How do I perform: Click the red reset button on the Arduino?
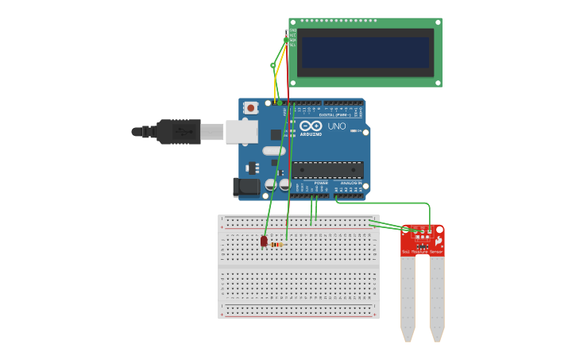tap(251, 107)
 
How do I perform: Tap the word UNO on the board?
tap(337, 126)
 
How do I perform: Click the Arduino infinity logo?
tap(311, 126)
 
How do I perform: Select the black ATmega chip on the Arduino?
tap(327, 169)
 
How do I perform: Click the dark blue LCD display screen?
tap(365, 52)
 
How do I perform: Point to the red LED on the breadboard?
tap(264, 241)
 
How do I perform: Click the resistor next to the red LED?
tap(276, 245)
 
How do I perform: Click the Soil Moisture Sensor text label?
tap(422, 251)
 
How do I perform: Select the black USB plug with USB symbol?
tap(178, 131)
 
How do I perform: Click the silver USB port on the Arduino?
tap(242, 131)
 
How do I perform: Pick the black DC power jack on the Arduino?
tap(246, 188)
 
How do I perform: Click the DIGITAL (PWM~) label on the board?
tap(332, 115)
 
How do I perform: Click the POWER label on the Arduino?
tap(321, 183)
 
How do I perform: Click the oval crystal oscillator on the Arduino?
tap(273, 151)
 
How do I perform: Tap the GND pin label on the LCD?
tap(292, 30)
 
